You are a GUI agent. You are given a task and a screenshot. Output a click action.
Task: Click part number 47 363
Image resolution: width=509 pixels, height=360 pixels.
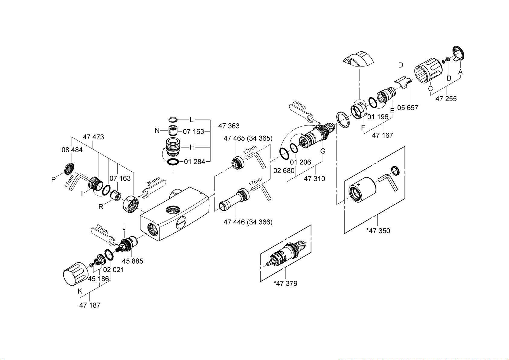coord(229,126)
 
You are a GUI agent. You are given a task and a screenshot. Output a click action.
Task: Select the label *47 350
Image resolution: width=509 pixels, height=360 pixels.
coord(378,231)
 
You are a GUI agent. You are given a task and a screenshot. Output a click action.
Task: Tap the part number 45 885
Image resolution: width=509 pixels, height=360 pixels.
coord(133,261)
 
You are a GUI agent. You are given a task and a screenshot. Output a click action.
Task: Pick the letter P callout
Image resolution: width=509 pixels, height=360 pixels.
coord(53,180)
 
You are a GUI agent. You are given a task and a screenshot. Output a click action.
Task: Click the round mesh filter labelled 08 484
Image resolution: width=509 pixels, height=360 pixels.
coord(69,169)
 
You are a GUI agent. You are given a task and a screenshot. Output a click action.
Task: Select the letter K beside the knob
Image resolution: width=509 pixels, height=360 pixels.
coord(80,291)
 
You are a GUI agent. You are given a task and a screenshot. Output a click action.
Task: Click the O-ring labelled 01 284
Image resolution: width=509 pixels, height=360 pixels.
coord(173,162)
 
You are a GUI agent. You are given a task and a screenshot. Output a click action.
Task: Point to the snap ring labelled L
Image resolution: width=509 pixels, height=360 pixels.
coord(173,119)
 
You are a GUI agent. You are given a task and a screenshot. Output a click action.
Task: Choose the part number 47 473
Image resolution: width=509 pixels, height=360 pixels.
coord(93,137)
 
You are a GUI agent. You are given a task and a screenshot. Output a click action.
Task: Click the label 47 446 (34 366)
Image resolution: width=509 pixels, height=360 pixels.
coord(248,222)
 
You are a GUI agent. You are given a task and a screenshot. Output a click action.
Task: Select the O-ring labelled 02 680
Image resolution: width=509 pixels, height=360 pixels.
coord(284,154)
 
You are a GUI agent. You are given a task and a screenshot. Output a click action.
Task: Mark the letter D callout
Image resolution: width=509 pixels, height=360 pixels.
coord(401,65)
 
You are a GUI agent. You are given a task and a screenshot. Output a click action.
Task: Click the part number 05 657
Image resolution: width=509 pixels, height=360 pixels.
coord(408,108)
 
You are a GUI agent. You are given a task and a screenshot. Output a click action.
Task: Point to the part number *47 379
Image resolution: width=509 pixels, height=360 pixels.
coord(285,283)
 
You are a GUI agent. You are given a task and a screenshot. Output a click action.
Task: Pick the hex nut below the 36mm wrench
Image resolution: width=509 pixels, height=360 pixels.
coord(130,204)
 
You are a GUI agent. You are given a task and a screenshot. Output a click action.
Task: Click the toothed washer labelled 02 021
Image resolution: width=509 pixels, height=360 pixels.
coord(109,255)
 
